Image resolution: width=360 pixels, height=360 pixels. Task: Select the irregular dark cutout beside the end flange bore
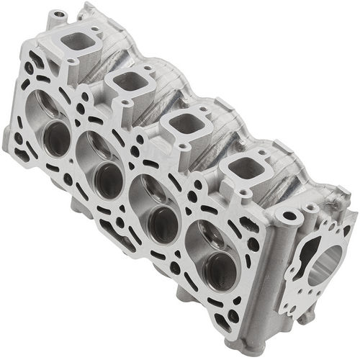pyautogui.click(x=302, y=259)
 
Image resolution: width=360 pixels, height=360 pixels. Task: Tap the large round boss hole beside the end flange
pyautogui.click(x=289, y=215)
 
